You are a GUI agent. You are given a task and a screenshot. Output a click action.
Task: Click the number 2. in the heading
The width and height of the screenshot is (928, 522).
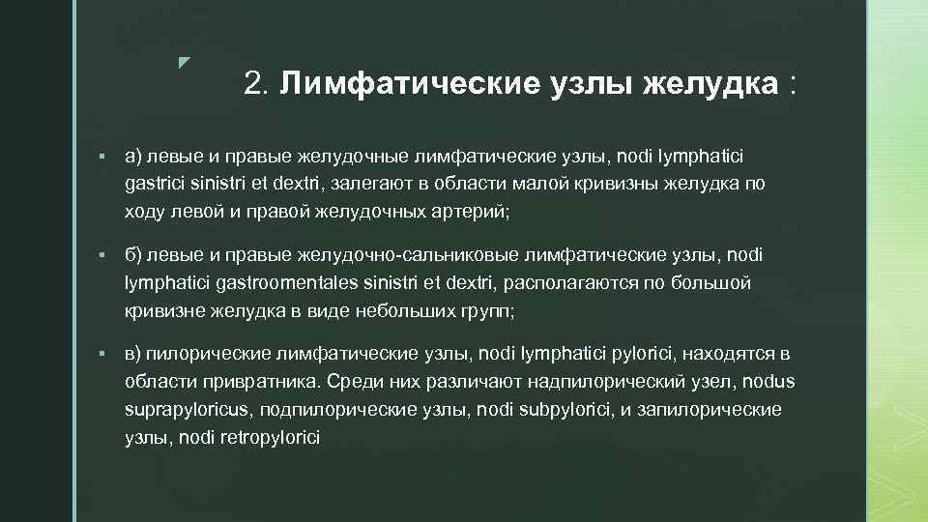point(257,84)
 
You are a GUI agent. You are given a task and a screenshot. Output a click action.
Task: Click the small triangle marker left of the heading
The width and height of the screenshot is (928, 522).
point(185,64)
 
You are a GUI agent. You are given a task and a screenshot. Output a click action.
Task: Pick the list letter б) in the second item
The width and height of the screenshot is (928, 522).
point(133,255)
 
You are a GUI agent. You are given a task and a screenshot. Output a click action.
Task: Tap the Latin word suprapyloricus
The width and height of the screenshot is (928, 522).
point(188,409)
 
